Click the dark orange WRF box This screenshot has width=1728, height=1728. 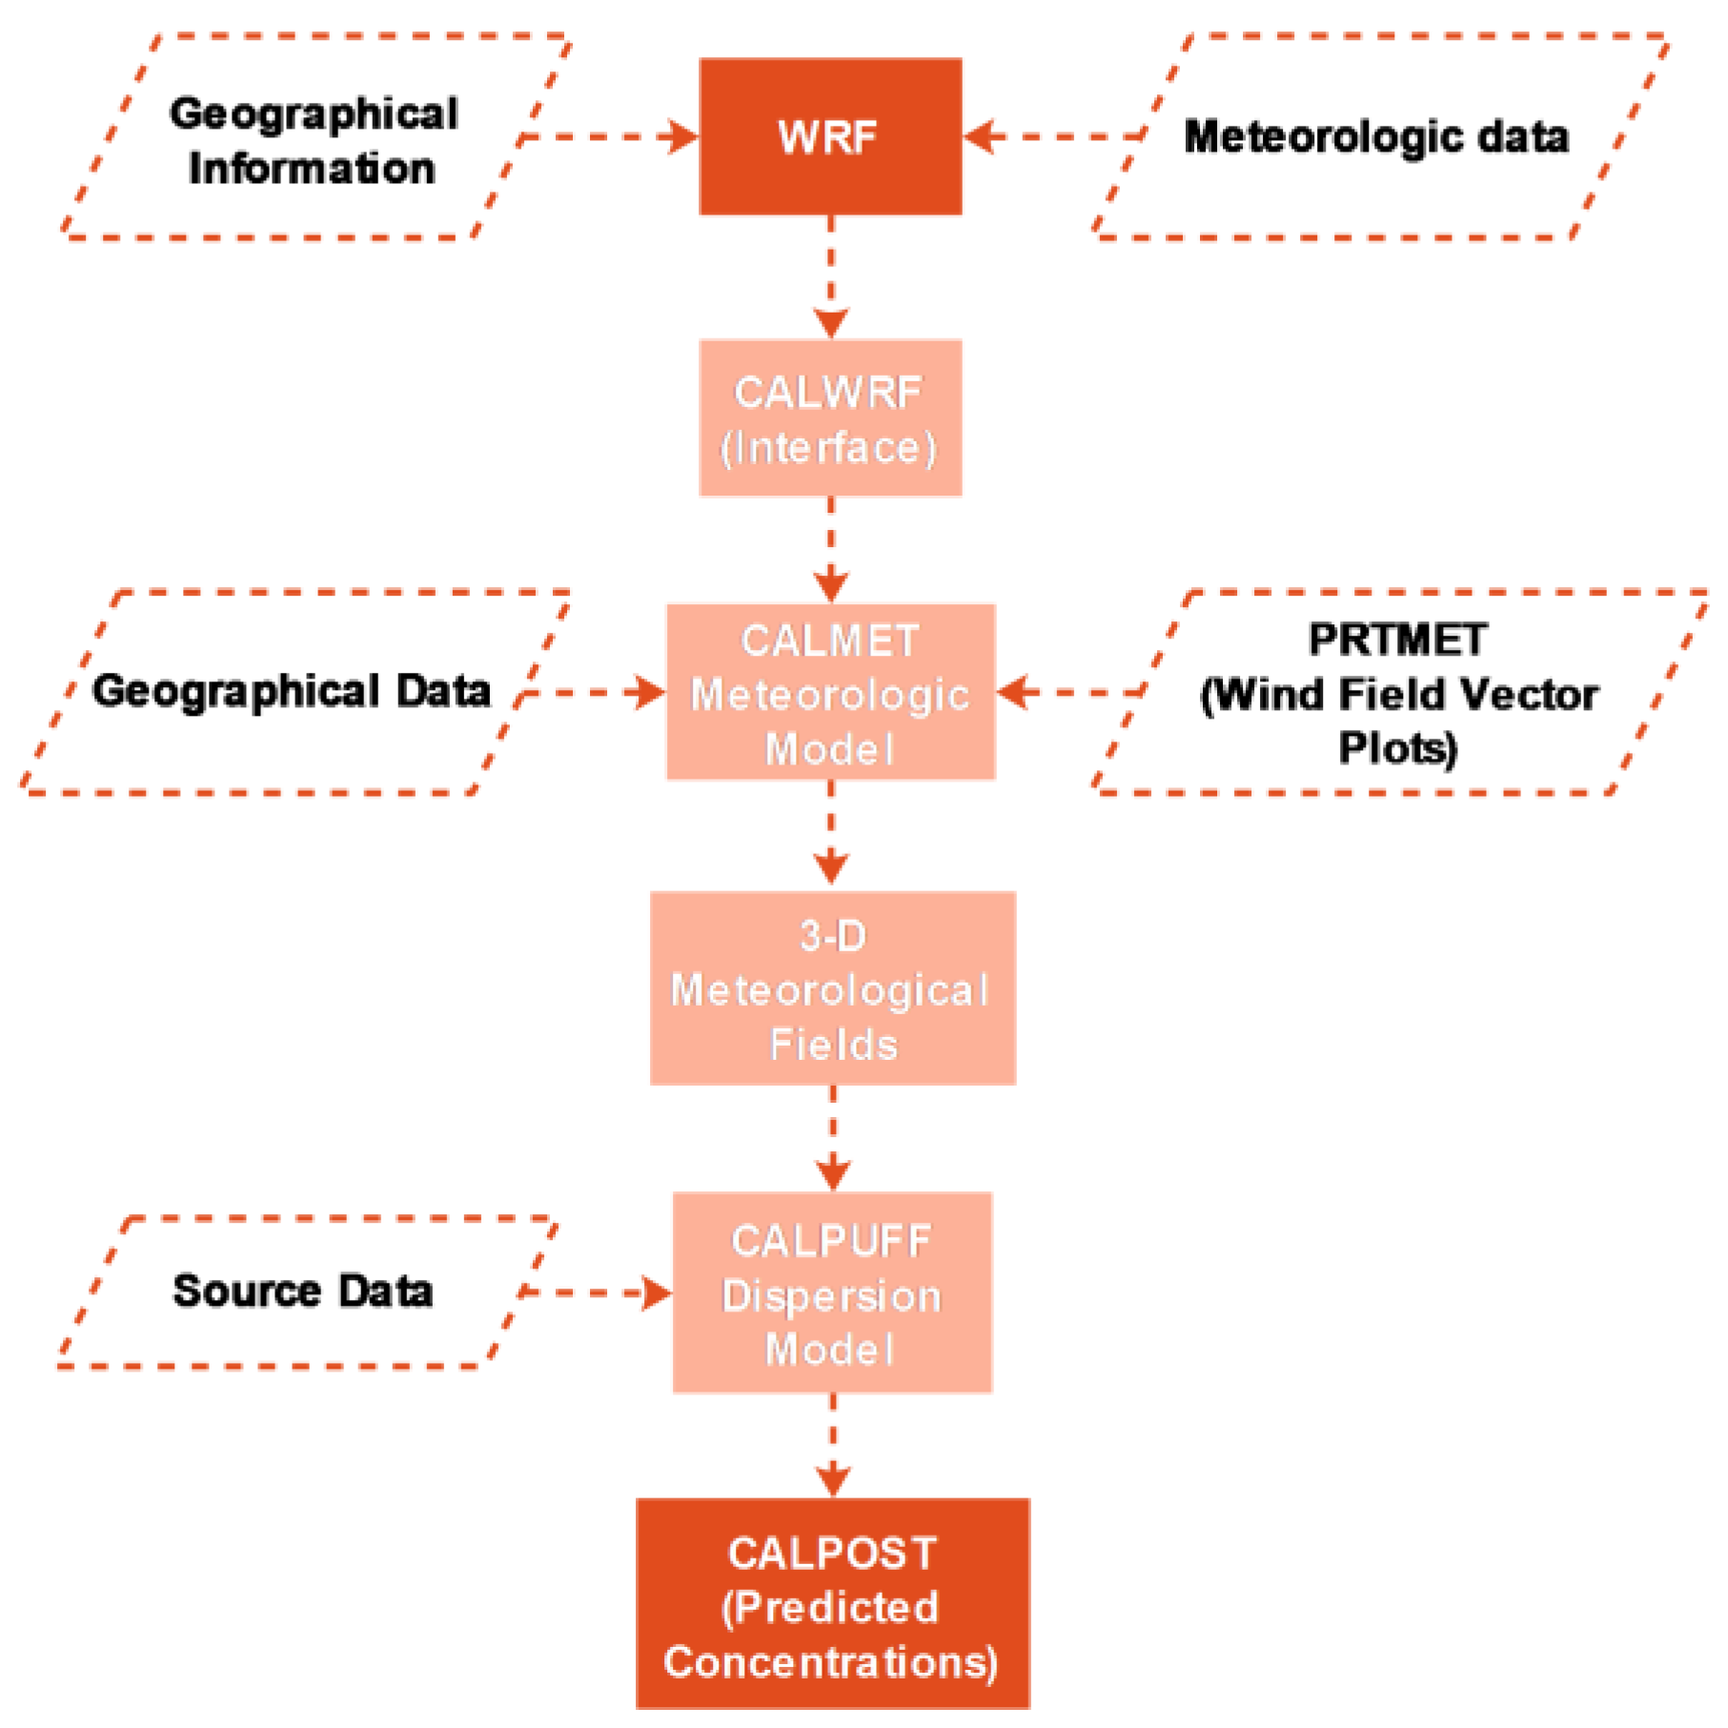pos(829,136)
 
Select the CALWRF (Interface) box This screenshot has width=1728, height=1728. pos(829,417)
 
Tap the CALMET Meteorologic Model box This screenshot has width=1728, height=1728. pos(829,692)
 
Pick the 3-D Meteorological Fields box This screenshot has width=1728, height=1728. pos(832,988)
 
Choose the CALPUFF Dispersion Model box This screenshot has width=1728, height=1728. pos(832,1292)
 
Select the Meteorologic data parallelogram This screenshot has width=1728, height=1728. pos(1376,136)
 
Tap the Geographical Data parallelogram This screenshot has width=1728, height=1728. pos(291,691)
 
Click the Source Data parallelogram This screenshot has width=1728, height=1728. pos(303,1291)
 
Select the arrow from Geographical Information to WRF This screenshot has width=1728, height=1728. pos(610,136)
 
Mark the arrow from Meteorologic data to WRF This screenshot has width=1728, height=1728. pos(1053,136)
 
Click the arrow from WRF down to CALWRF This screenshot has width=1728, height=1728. pos(830,276)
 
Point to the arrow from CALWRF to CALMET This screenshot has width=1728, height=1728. pos(830,550)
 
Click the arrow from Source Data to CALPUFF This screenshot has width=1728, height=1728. pos(596,1293)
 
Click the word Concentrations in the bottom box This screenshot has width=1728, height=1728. pos(829,1662)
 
